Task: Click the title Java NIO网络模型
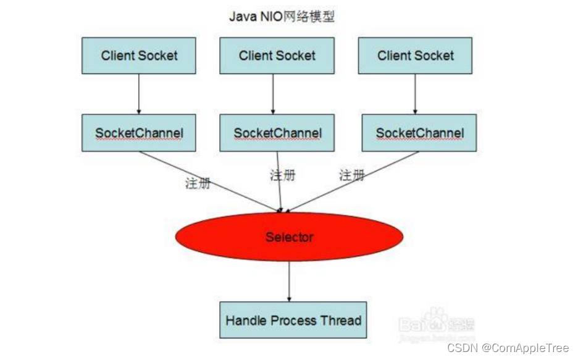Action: (x=282, y=17)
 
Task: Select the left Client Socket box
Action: (x=139, y=56)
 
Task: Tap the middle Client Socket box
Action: (x=277, y=56)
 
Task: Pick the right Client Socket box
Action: (x=415, y=56)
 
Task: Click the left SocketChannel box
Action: (x=139, y=133)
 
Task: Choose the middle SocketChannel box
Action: (x=277, y=133)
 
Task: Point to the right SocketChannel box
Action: (x=419, y=133)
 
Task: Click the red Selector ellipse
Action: (x=289, y=237)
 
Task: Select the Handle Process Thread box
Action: (x=293, y=320)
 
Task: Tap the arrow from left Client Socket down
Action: (x=139, y=94)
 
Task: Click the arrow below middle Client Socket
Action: (x=273, y=94)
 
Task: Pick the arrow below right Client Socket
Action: (x=414, y=94)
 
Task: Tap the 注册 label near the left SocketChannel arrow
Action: (x=198, y=183)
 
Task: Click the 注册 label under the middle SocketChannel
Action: (x=282, y=175)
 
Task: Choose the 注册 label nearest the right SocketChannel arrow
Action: (x=351, y=175)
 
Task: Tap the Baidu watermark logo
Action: (x=436, y=320)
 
